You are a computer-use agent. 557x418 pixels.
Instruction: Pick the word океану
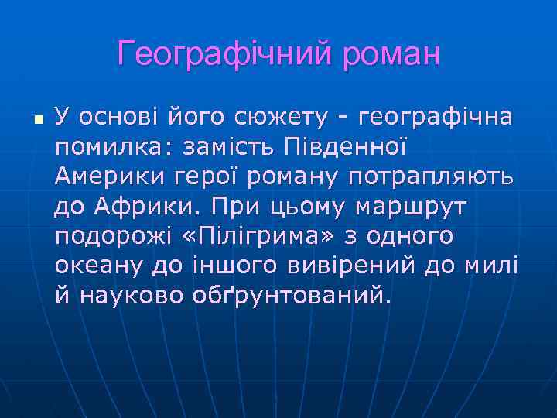(99, 266)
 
